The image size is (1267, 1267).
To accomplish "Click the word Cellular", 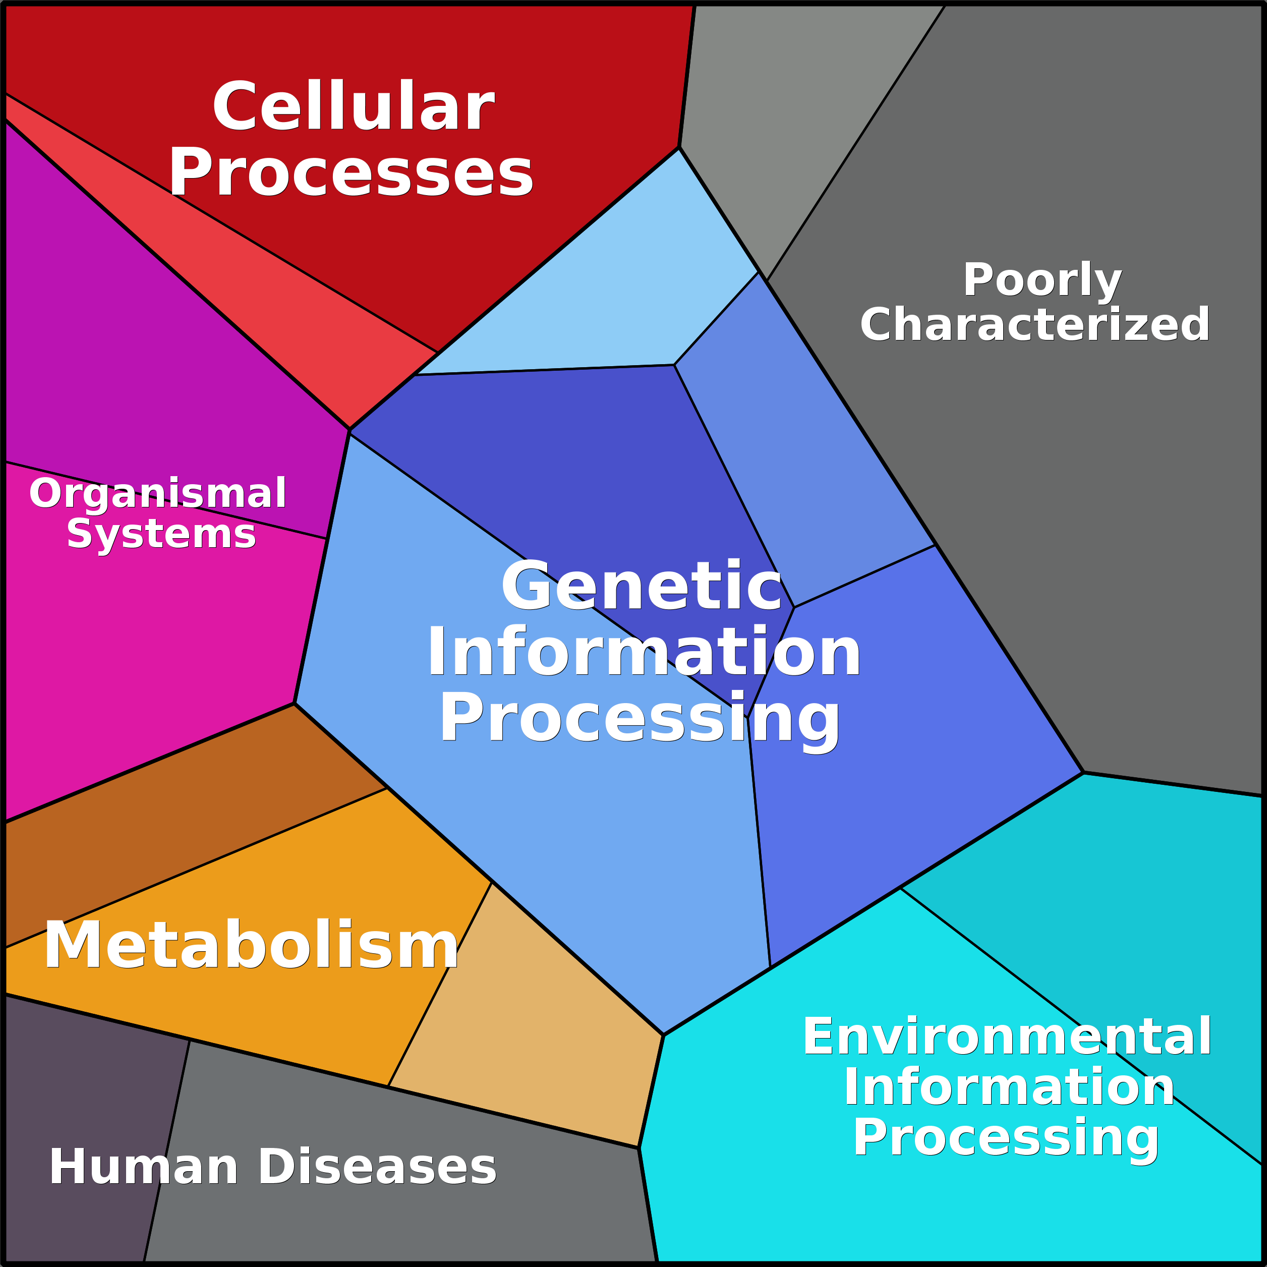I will [x=353, y=107].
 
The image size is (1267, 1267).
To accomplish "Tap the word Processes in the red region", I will [x=351, y=172].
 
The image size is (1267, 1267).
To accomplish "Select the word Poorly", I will [x=1042, y=280].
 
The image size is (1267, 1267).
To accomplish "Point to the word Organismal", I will [x=158, y=493].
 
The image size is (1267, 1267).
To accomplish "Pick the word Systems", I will [x=161, y=535].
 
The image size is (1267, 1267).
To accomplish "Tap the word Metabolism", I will [x=251, y=946].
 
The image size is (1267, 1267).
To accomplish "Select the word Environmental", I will [x=1007, y=1037].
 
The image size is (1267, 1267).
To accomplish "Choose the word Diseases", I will [x=378, y=1167].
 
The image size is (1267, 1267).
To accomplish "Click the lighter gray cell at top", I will [x=787, y=98].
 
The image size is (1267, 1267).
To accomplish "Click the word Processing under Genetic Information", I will [x=640, y=718].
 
